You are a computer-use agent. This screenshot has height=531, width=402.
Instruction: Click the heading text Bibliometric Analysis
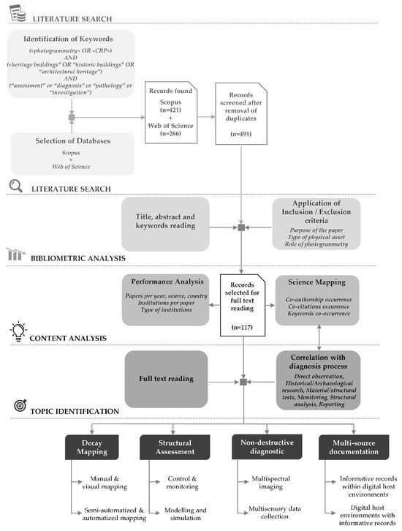[x=80, y=257]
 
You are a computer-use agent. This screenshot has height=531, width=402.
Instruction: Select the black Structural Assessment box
[x=174, y=447]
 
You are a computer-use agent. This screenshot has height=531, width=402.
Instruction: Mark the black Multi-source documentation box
[x=354, y=447]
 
